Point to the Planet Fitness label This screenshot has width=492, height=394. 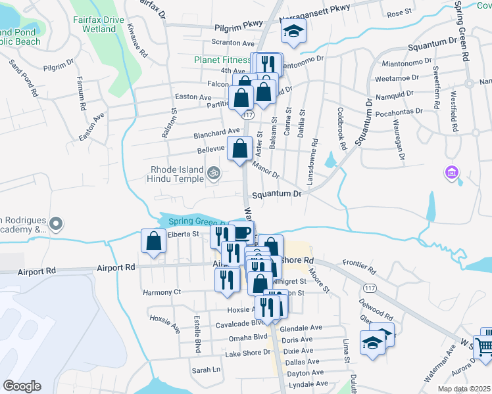tap(222, 60)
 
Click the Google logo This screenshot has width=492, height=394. tap(22, 385)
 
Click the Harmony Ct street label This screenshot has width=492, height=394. tap(162, 292)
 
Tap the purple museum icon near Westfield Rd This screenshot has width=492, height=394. tap(451, 173)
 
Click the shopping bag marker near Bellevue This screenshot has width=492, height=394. tap(239, 148)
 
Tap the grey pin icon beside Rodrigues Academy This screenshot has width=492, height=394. tap(57, 224)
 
